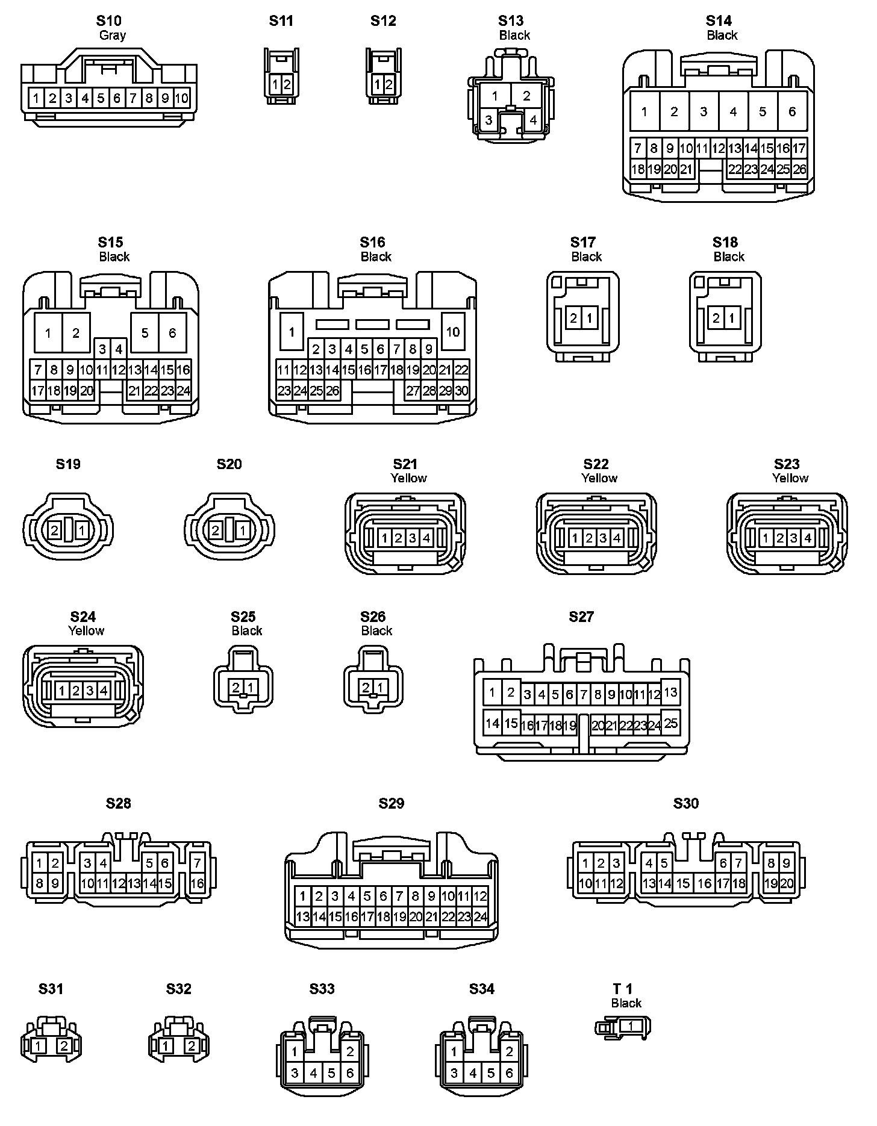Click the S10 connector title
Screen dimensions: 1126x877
(108, 20)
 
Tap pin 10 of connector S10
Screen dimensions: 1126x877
(182, 98)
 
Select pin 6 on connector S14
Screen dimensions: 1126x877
(792, 111)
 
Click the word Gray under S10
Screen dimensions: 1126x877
(112, 35)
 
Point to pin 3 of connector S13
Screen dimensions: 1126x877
(488, 120)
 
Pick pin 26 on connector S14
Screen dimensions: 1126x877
(799, 169)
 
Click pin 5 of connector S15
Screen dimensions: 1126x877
(145, 332)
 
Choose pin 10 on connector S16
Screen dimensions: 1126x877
(453, 332)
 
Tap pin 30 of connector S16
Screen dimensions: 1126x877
(461, 391)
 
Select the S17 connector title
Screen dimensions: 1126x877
(582, 242)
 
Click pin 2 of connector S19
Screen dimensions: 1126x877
(55, 530)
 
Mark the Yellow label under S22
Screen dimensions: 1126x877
(599, 478)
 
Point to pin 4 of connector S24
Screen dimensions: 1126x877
(104, 690)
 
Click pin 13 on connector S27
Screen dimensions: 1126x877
(670, 692)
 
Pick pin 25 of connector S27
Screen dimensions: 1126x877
(670, 723)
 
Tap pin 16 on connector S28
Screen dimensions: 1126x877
(198, 884)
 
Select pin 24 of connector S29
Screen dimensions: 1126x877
(480, 917)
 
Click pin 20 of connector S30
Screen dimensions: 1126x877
(787, 884)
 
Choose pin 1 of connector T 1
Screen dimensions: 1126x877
(630, 1026)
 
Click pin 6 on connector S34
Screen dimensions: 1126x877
(510, 1073)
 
